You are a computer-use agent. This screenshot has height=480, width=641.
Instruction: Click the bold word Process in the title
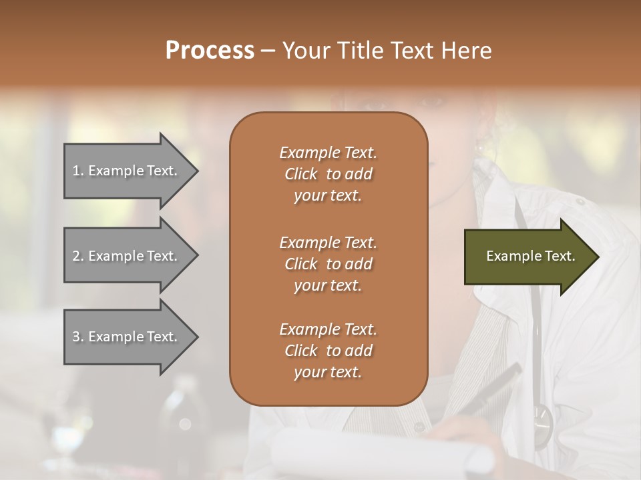click(x=210, y=51)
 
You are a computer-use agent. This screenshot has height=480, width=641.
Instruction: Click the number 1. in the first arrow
click(x=77, y=171)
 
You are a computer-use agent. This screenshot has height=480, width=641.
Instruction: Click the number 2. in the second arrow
click(x=77, y=256)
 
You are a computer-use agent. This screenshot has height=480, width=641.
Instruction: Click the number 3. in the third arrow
click(x=77, y=337)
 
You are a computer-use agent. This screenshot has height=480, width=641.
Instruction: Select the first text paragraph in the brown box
click(x=328, y=174)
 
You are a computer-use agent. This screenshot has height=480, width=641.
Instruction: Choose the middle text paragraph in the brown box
click(x=328, y=263)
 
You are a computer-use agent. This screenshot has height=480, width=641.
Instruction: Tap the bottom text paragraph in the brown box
click(x=328, y=351)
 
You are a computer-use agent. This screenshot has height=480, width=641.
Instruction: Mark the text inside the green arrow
click(x=530, y=256)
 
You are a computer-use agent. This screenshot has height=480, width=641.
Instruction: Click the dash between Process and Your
click(x=268, y=51)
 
